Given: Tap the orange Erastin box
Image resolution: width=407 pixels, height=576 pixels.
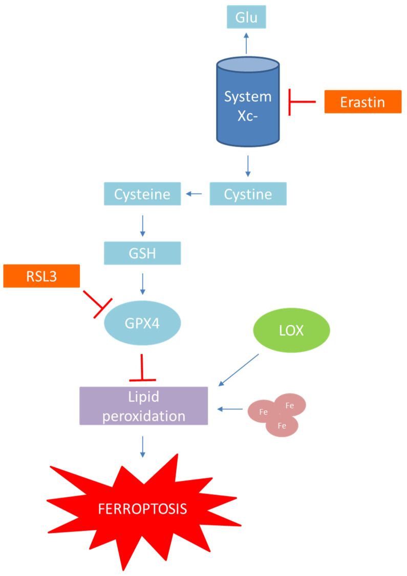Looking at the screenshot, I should [x=362, y=102].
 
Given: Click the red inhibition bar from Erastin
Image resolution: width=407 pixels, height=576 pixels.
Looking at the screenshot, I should [x=302, y=102].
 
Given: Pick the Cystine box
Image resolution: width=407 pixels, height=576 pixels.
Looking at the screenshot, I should [x=248, y=194].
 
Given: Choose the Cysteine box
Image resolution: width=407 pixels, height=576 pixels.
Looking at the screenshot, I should [x=142, y=194].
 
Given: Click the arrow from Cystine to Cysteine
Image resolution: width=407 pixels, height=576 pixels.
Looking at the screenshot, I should [x=194, y=194].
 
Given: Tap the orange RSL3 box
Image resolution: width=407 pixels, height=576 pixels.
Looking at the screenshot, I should [x=41, y=276].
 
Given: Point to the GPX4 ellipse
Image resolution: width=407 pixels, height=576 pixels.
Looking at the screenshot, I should [x=142, y=324].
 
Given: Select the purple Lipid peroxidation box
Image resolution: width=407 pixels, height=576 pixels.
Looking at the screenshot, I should [x=143, y=406].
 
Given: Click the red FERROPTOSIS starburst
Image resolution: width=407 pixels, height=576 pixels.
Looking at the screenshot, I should [x=143, y=509].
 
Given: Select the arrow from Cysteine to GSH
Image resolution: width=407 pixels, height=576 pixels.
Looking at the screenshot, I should [x=142, y=224].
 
